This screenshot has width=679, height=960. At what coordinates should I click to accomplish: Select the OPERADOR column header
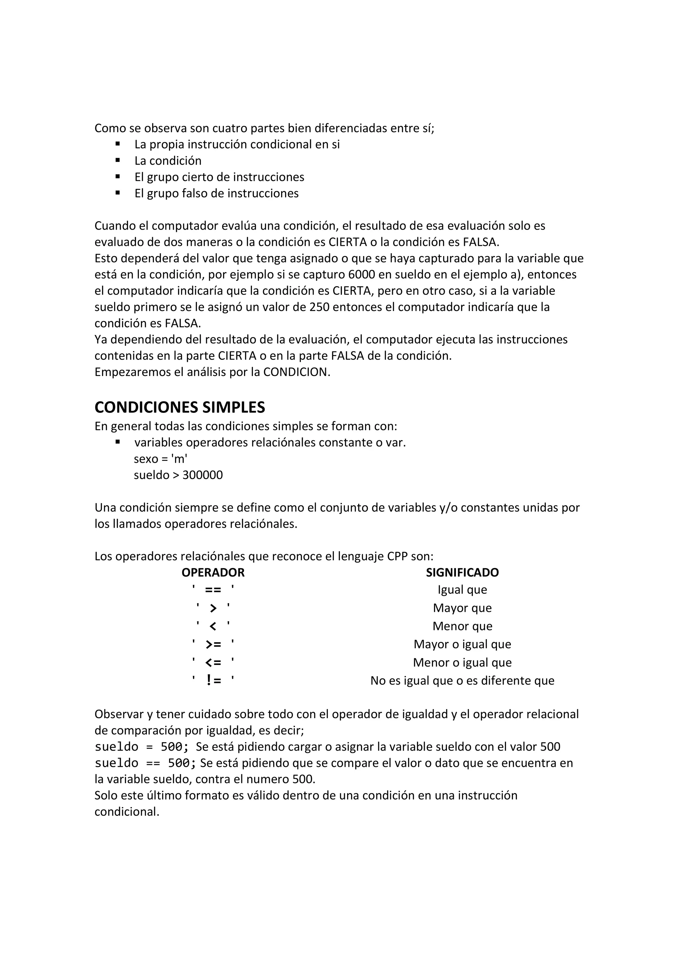pyautogui.click(x=213, y=572)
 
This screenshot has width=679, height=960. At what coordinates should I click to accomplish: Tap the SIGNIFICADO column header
pyautogui.click(x=462, y=572)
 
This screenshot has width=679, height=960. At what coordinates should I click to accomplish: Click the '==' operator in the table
pyautogui.click(x=213, y=590)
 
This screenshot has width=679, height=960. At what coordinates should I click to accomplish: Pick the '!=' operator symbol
pyautogui.click(x=213, y=681)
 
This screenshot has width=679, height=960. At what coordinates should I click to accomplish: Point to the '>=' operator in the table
pyautogui.click(x=213, y=644)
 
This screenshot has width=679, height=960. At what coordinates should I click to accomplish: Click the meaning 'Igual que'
pyautogui.click(x=462, y=590)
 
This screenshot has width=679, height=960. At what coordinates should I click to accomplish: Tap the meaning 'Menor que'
pyautogui.click(x=462, y=626)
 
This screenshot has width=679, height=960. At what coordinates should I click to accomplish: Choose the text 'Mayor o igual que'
pyautogui.click(x=462, y=644)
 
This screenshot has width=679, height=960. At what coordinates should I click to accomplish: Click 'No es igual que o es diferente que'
pyautogui.click(x=462, y=681)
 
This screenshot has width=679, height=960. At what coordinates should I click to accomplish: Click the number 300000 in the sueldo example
pyautogui.click(x=203, y=475)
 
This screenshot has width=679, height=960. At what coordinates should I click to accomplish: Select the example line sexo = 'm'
pyautogui.click(x=160, y=459)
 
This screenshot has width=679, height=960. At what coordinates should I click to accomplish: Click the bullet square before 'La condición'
pyautogui.click(x=118, y=160)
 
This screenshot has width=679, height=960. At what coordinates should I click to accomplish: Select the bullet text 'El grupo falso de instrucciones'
pyautogui.click(x=216, y=193)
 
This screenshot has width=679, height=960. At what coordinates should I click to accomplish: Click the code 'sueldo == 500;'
pyautogui.click(x=145, y=763)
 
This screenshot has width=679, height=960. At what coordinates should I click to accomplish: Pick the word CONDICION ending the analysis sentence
pyautogui.click(x=295, y=372)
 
